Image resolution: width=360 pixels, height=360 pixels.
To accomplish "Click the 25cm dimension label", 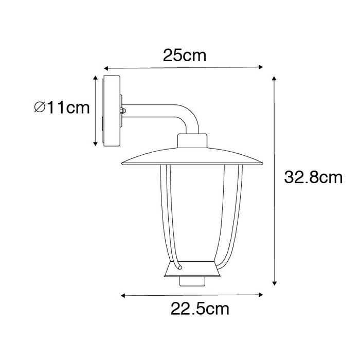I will coord(185,56).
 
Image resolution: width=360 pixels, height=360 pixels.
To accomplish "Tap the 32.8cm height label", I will coord(313,178).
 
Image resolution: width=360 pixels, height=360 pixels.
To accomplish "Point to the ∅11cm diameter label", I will coord(61,107).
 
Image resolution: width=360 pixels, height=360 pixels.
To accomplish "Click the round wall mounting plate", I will coord(111,111).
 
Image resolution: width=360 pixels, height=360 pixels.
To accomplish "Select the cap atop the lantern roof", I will coord(193,142).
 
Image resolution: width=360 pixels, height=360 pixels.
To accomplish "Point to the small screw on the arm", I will coord(122,110).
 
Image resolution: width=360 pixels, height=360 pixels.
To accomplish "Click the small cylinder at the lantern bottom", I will coord(193,281).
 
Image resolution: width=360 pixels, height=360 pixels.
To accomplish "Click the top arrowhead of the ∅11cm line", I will coord(95,77).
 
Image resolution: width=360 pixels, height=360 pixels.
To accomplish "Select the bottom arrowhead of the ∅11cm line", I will coord(95,143).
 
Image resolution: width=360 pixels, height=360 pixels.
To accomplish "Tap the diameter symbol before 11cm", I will coord(39,107).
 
